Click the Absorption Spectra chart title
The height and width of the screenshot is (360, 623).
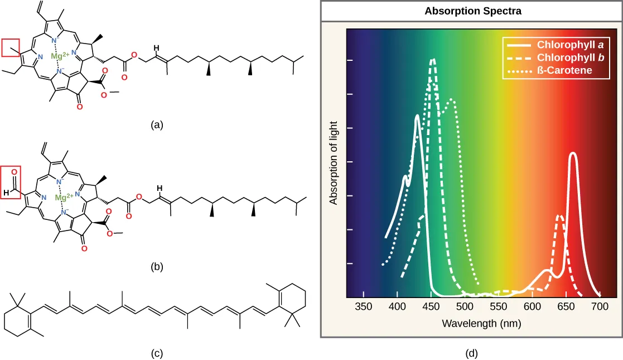coord(471,11)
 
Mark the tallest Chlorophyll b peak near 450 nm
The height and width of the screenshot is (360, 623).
coord(432,59)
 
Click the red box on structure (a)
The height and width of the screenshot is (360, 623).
coord(13,48)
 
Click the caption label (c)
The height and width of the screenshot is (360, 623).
coord(157,352)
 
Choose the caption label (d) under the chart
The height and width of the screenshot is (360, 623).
coord(471,352)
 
